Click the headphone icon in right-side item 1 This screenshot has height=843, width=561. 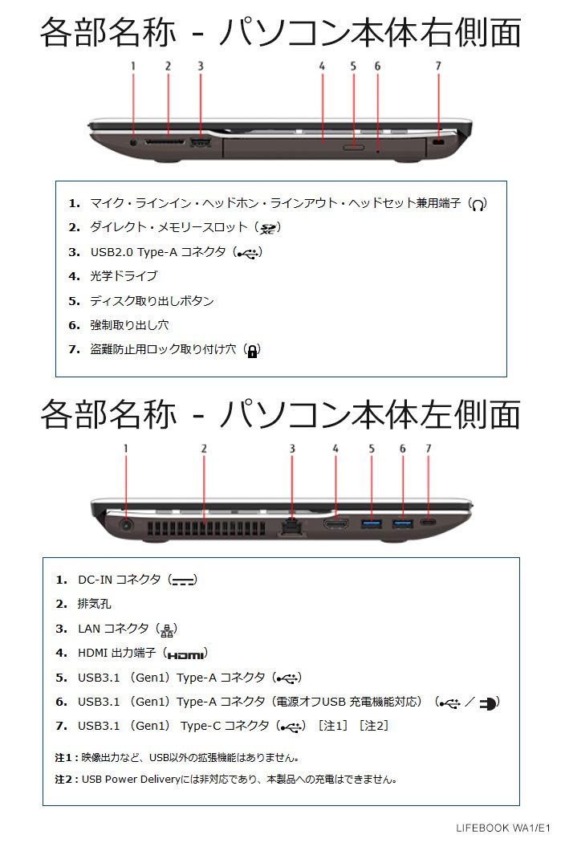click(478, 205)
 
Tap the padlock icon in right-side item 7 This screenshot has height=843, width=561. click(252, 351)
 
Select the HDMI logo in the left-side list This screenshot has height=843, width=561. click(186, 655)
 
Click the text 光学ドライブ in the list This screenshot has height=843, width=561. click(124, 276)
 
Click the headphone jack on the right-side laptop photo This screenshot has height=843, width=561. click(133, 142)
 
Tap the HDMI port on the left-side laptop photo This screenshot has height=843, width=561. click(336, 524)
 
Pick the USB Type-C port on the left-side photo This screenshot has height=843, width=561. click(429, 523)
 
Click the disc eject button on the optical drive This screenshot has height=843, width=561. click(352, 147)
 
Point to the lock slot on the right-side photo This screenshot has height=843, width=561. click(438, 142)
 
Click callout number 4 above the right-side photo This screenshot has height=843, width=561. click(322, 67)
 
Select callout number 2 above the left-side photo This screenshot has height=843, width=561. click(204, 449)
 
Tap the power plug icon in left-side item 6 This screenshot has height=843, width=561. click(487, 703)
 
